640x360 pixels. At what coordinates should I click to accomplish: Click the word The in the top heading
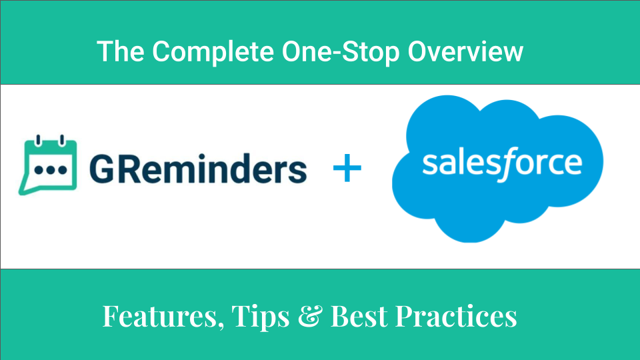tap(117, 51)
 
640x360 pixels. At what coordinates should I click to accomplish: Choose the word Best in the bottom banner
tap(359, 317)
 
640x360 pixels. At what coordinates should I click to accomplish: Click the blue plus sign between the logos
tap(347, 170)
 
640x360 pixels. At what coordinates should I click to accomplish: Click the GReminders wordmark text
tap(197, 170)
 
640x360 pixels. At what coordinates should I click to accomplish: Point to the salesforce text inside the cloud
tap(502, 163)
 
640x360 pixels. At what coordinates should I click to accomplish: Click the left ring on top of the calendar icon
tap(39, 140)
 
